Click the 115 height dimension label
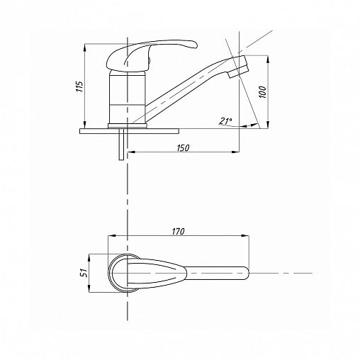[x=80, y=86]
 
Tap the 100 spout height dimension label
[x=263, y=92]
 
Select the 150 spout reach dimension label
[x=183, y=148]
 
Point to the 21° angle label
[x=225, y=121]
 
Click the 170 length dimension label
[x=178, y=232]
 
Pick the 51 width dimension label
[x=84, y=274]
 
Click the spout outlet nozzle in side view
[x=239, y=67]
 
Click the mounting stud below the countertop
[x=121, y=144]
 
